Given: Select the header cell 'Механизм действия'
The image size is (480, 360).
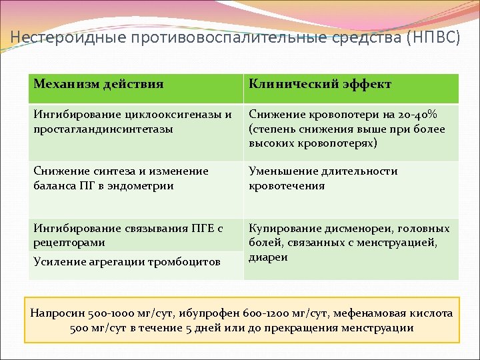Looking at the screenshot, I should (x=99, y=84).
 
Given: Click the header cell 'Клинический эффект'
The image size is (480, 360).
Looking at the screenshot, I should (x=320, y=84).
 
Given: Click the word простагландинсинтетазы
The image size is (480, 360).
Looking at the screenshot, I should (x=103, y=129).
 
